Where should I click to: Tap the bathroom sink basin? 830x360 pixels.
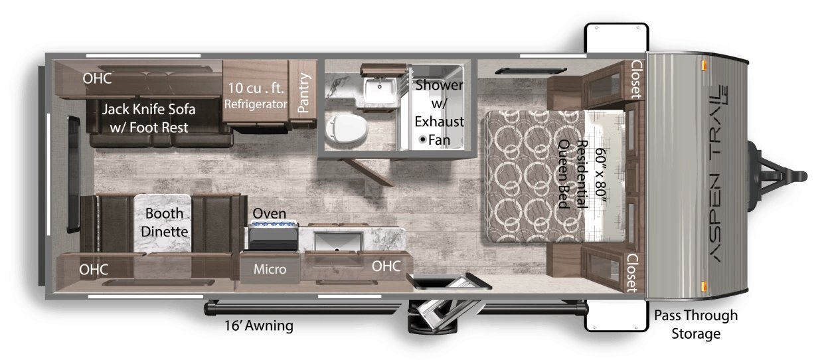coord(380,90)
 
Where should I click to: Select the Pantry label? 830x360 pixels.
coord(303,93)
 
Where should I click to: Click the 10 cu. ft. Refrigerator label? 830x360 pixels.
coord(256,96)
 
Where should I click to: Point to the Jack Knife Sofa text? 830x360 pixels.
coord(149,109)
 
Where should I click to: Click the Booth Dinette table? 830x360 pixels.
coord(163,223)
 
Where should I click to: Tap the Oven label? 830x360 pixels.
coord(269,213)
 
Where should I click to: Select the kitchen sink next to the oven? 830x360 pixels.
coord(339,241)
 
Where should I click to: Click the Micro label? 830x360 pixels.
coord(270,269)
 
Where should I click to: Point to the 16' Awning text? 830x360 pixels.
coord(259,325)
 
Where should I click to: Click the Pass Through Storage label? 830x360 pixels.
coord(696,324)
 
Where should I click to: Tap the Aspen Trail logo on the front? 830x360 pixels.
coord(718,173)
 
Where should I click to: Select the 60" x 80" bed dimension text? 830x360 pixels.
coord(600,172)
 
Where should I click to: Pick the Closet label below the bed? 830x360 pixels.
coord(632,273)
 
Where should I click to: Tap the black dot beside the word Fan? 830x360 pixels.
coord(422,139)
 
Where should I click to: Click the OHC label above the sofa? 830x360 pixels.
coord(97,78)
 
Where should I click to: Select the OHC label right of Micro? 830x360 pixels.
coord(386,266)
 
